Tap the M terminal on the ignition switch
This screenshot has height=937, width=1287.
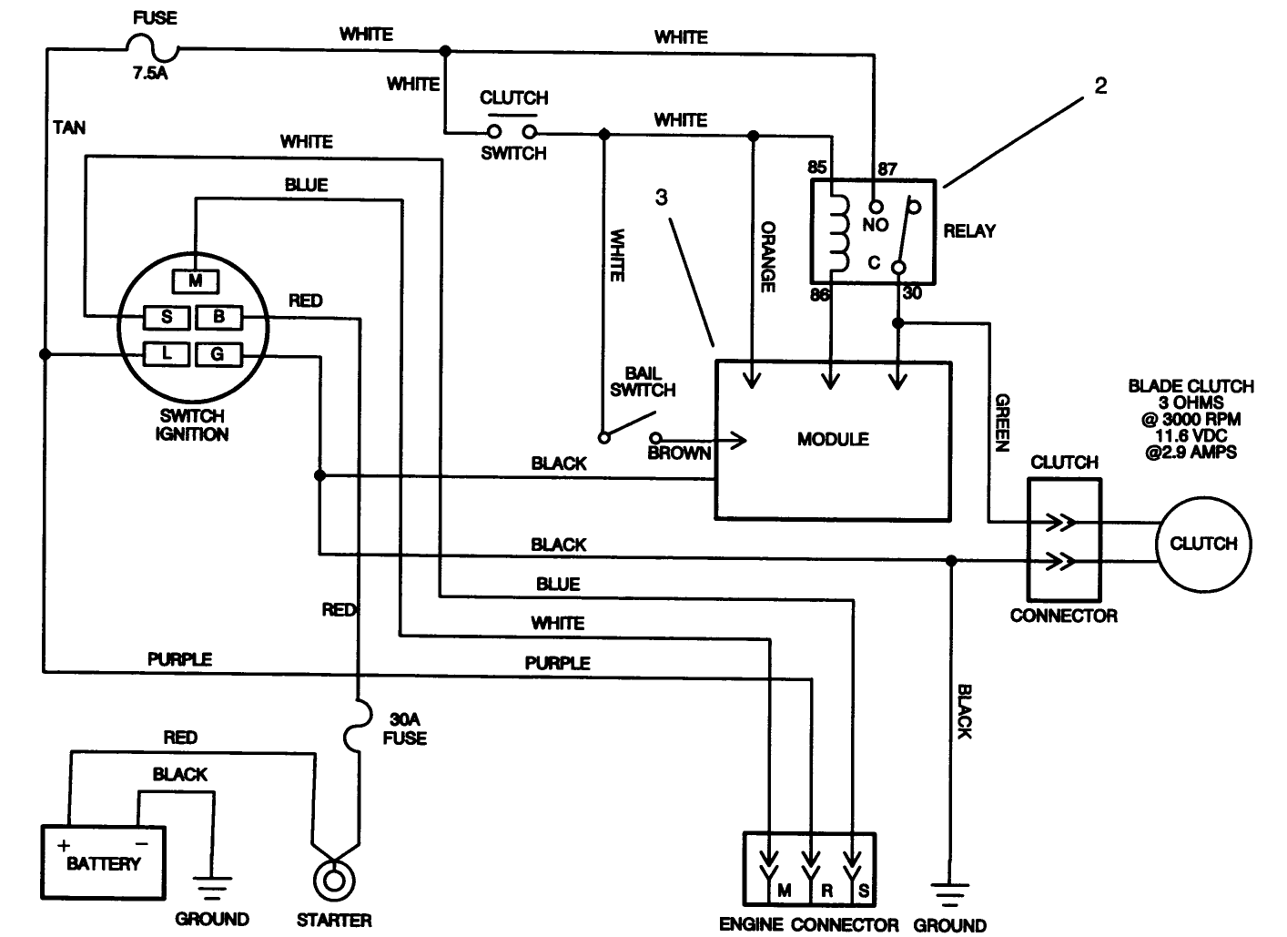[x=195, y=281]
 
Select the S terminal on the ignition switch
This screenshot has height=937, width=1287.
[x=167, y=317]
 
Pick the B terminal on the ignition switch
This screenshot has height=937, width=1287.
[x=218, y=317]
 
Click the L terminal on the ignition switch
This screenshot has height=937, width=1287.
[x=167, y=353]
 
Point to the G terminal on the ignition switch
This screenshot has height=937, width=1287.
[x=218, y=353]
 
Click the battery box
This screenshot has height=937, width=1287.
[x=103, y=861]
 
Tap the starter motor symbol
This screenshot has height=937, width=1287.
[x=334, y=880]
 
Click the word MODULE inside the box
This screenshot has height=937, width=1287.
[x=833, y=439]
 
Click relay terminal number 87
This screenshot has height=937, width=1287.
[x=887, y=168]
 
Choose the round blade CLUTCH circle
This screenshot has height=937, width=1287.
[x=1202, y=544]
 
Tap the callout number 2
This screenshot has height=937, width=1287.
[x=1100, y=87]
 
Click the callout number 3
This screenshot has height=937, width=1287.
[x=662, y=198]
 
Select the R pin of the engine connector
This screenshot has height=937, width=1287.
[x=826, y=890]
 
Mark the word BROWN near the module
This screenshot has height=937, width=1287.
[x=679, y=453]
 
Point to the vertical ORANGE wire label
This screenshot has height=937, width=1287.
[x=767, y=256]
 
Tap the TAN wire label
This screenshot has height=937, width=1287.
[x=69, y=127]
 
